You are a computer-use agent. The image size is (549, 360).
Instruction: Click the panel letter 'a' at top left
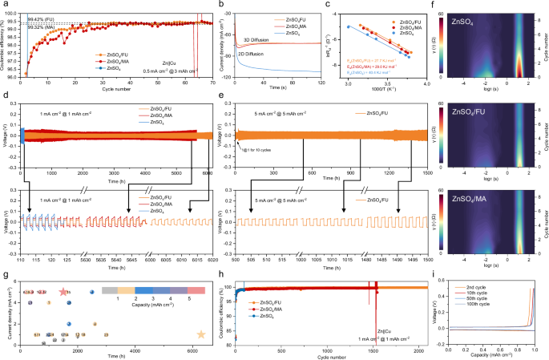click(x=4, y=5)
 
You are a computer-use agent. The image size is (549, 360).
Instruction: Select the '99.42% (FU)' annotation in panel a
click(x=38, y=18)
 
